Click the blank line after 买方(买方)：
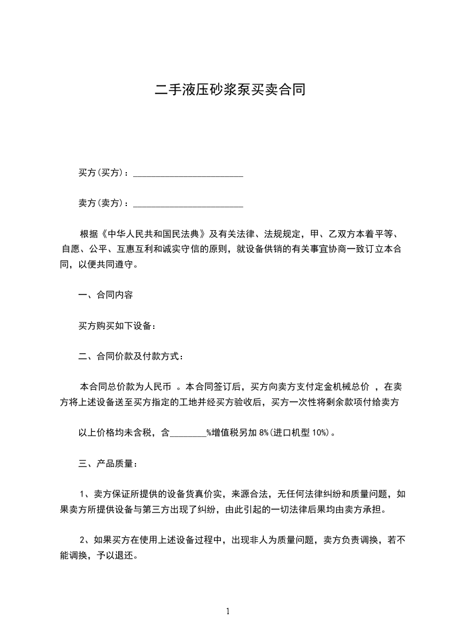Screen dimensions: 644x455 [x=188, y=173]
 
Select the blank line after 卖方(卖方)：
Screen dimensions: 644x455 [x=188, y=203]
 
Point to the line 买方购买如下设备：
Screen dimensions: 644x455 [x=118, y=326]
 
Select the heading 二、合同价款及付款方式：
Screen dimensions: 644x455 [x=131, y=356]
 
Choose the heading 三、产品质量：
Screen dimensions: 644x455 [x=108, y=463]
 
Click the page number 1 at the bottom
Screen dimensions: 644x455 [x=228, y=611]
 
